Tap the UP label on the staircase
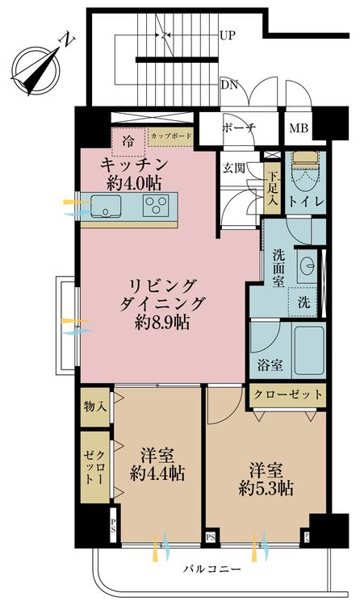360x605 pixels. [x=228, y=36]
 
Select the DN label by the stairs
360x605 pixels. [x=228, y=84]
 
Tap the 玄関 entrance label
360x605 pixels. [x=234, y=169]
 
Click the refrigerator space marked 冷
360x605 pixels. [x=128, y=140]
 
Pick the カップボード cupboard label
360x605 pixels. [x=170, y=136]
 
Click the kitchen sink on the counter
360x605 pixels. [x=106, y=207]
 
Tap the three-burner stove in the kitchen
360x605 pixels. [x=158, y=207]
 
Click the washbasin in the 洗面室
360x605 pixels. [x=307, y=266]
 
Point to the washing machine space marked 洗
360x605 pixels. [x=303, y=304]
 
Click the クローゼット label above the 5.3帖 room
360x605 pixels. [x=288, y=395]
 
